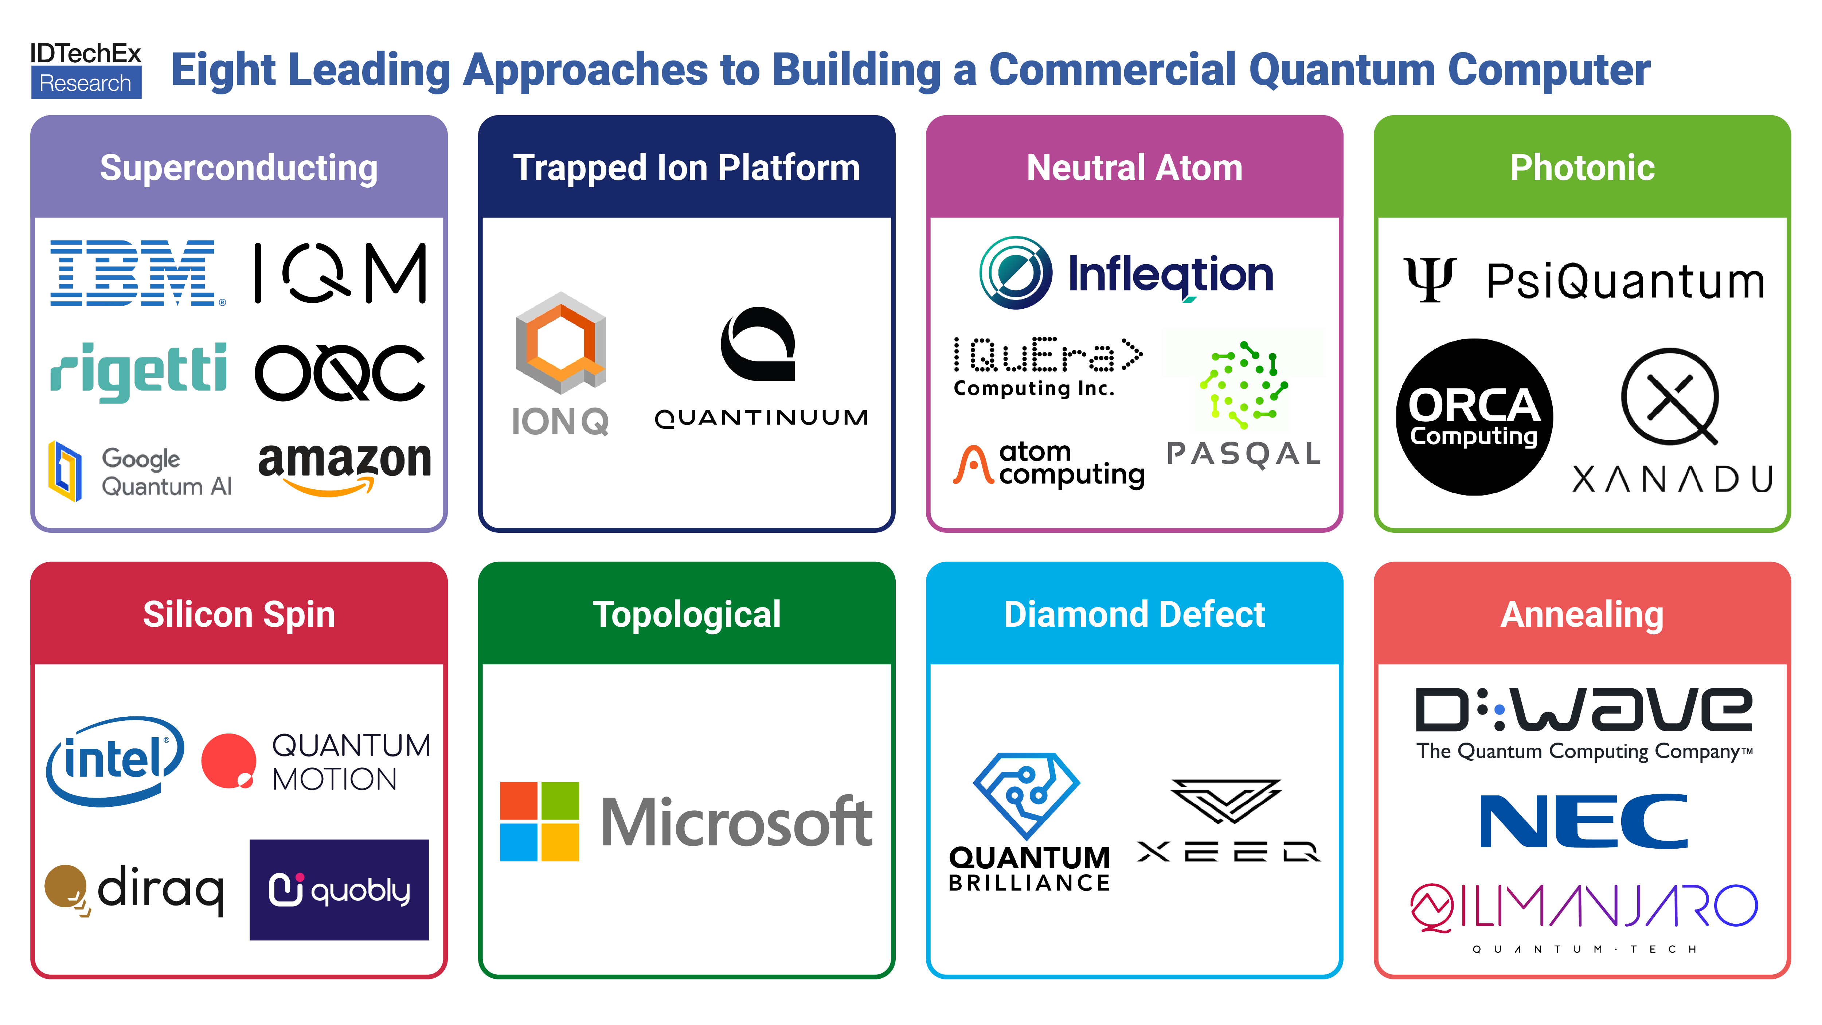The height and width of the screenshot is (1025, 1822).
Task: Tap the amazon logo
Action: (344, 467)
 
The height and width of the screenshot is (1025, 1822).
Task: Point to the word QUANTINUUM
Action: (761, 418)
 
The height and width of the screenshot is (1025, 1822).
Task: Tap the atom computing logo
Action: (1048, 465)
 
